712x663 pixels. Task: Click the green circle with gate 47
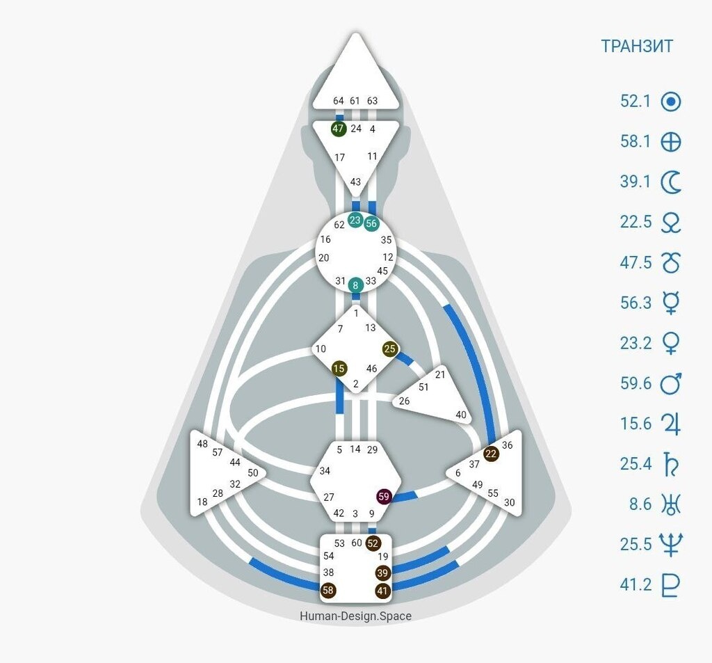click(x=339, y=129)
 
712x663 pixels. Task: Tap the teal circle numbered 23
click(x=355, y=221)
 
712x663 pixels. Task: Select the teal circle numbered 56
click(x=371, y=223)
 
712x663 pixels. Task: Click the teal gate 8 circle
click(x=355, y=284)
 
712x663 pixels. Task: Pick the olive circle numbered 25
click(x=389, y=349)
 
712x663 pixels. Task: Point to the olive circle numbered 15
click(x=339, y=368)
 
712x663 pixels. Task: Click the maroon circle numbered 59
click(x=384, y=497)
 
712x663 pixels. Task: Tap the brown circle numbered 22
click(x=491, y=454)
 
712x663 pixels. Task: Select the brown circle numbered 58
click(x=329, y=591)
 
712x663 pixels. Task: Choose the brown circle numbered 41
click(x=382, y=591)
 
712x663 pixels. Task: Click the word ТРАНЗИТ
click(x=637, y=47)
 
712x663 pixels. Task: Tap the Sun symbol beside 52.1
click(x=670, y=102)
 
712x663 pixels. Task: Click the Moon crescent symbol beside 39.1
click(x=670, y=183)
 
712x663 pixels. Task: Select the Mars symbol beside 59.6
click(x=671, y=383)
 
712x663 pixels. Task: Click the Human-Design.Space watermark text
click(x=355, y=616)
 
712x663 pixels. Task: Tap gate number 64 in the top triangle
click(x=339, y=101)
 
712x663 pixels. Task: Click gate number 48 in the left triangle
click(x=202, y=443)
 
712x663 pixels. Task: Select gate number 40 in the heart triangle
click(x=460, y=415)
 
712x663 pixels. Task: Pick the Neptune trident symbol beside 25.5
click(x=671, y=545)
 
